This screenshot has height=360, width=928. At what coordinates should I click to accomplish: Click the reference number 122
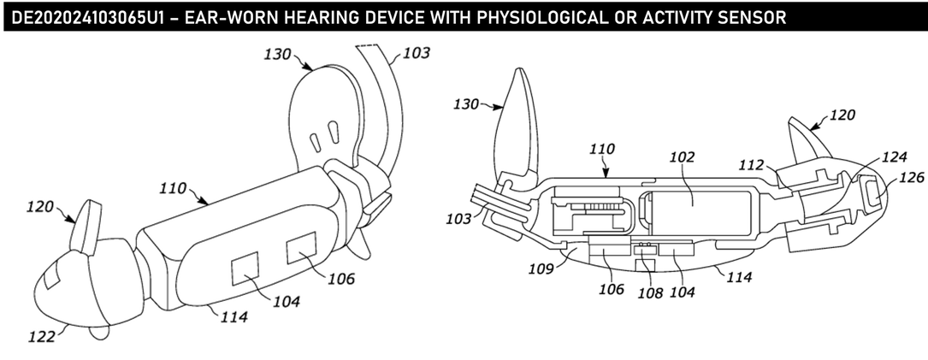[x=41, y=337]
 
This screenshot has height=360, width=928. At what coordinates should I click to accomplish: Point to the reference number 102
[x=682, y=156]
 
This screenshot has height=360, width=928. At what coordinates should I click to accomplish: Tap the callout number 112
[x=751, y=166]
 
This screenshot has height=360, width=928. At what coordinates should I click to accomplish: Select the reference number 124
[x=895, y=156]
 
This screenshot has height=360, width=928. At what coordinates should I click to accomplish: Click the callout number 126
[x=912, y=178]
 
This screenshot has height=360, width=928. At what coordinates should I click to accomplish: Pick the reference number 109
[x=541, y=269]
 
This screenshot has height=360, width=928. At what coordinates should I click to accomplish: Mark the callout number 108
[x=650, y=292]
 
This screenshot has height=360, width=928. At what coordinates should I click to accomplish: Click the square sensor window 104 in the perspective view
[x=245, y=269]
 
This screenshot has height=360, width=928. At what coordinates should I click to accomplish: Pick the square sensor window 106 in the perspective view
[x=301, y=248]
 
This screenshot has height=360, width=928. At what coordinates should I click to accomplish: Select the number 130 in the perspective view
[x=278, y=55]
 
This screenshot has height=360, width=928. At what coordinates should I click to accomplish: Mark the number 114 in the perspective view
[x=233, y=316]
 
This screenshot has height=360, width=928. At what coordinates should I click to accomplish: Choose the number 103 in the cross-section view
[x=459, y=219]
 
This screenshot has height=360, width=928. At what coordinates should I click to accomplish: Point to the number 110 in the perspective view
[x=173, y=190]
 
